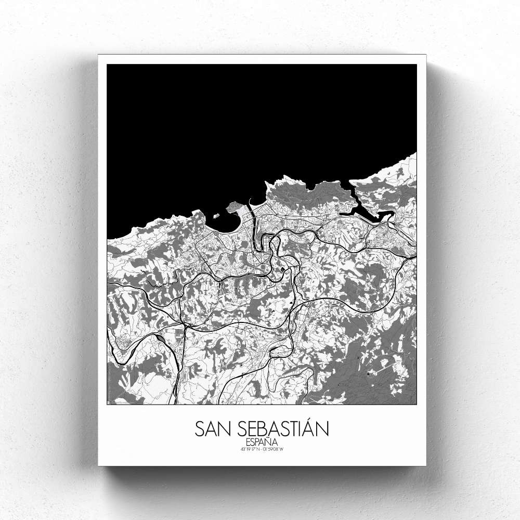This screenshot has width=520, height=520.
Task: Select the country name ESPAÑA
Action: [262, 443]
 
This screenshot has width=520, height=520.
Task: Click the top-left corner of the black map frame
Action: [107, 64]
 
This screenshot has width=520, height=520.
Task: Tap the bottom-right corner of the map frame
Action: [417, 404]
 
